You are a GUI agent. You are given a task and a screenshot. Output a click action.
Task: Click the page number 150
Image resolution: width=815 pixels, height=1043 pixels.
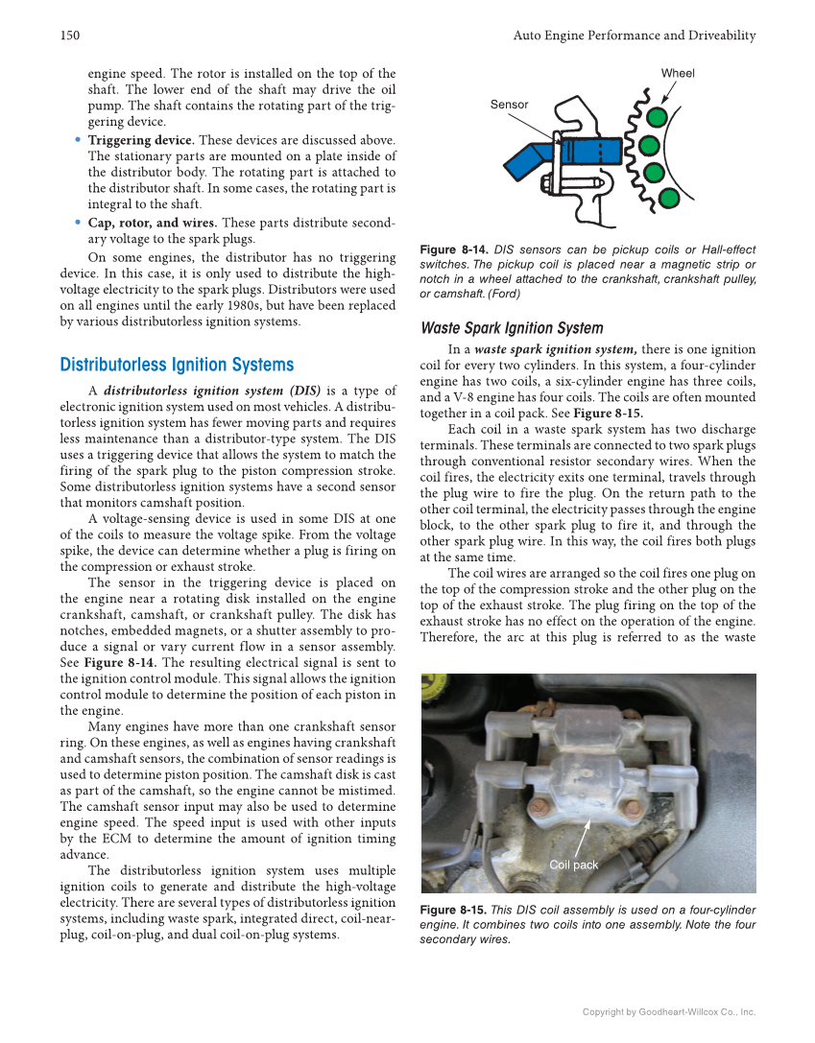click(x=68, y=36)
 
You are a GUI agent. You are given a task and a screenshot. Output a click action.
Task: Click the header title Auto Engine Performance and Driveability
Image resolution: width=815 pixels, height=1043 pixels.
click(x=634, y=36)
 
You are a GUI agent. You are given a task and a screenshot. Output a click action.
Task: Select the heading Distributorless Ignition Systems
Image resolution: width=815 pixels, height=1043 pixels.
click(x=177, y=365)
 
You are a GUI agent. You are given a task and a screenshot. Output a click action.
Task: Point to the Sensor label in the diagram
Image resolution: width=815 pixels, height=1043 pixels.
click(x=509, y=104)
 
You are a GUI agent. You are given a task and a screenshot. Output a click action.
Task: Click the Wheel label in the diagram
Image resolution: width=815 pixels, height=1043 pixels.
click(x=678, y=73)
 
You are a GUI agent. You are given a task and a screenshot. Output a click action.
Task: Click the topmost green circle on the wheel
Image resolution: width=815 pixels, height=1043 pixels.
click(x=657, y=117)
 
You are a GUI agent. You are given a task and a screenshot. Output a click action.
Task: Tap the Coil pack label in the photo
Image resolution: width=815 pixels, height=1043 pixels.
click(x=573, y=865)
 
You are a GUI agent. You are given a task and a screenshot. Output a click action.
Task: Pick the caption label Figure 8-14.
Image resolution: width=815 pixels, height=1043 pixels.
click(x=454, y=250)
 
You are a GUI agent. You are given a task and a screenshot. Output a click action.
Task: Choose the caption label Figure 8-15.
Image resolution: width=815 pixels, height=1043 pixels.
click(x=454, y=910)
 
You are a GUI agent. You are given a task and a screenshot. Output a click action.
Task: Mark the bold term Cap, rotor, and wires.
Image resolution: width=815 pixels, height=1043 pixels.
click(x=152, y=223)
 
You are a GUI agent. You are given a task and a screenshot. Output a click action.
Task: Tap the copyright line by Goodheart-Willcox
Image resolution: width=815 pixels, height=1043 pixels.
click(x=669, y=1011)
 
